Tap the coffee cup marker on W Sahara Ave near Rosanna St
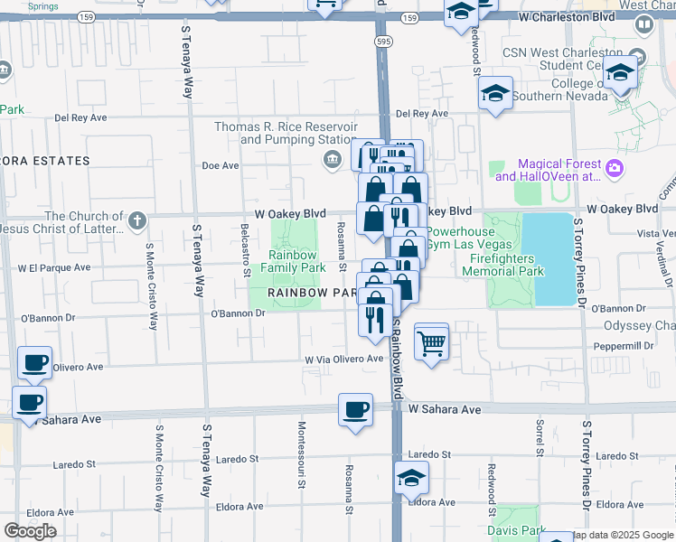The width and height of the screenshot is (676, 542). pos(355,409)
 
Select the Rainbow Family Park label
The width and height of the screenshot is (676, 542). pos(293,262)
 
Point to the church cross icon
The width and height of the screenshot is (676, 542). pos(136,220)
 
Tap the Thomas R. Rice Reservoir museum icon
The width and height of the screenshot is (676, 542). pos(332,160)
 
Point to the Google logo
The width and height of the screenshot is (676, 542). pos(30,531)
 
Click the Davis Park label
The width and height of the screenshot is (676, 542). pos(517,530)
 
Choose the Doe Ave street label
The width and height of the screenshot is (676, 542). pos(220,165)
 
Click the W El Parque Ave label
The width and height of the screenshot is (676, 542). pos(53,267)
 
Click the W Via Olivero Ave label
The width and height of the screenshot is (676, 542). pos(344,359)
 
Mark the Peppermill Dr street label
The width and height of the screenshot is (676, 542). pos(624,346)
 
